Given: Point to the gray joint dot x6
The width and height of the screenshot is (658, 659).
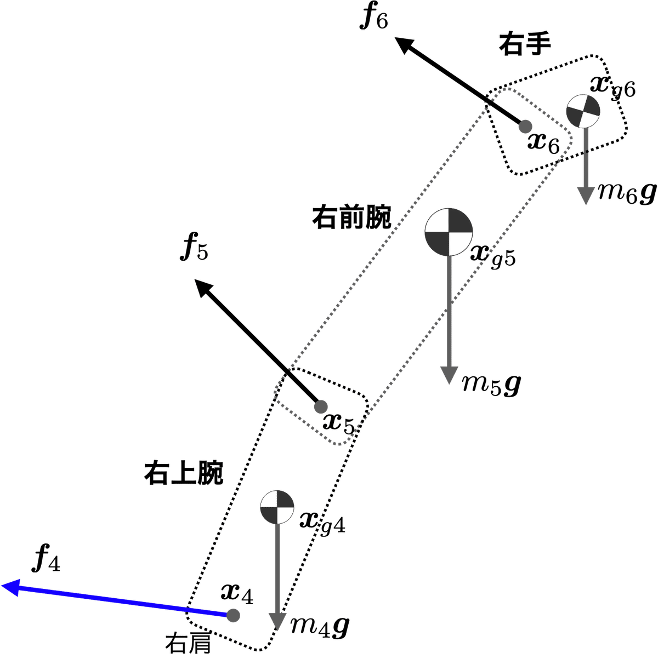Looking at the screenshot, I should [x=525, y=127].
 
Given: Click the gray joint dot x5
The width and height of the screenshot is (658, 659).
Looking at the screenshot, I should [x=320, y=406].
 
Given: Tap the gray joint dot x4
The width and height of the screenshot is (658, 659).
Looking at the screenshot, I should [x=234, y=615].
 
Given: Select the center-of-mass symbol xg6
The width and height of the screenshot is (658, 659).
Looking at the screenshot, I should [x=583, y=111].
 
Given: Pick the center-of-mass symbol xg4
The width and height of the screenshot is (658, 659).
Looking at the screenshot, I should [x=277, y=507].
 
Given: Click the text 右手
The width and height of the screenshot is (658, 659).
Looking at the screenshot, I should [x=524, y=44].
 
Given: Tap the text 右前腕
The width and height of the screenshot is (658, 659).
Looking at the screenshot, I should [x=351, y=217].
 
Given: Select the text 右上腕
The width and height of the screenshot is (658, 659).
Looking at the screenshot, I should [x=183, y=473].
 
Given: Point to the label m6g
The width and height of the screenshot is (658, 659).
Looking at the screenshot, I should [x=625, y=192].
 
